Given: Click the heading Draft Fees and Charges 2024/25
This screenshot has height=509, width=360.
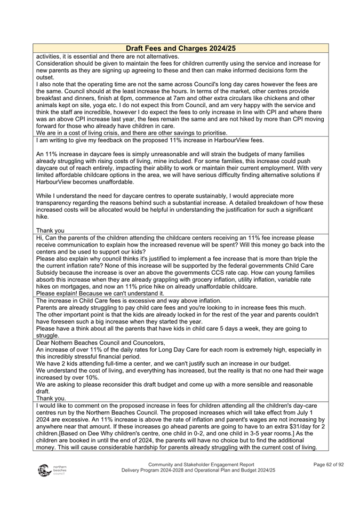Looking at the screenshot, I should [180, 49].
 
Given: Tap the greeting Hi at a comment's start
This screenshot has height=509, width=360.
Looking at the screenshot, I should [39, 237].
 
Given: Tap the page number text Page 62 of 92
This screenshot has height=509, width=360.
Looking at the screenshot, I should [329, 465].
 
